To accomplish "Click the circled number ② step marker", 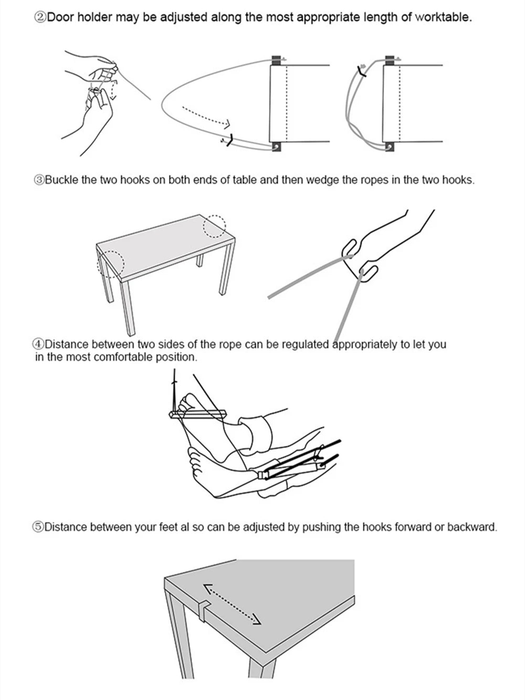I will [40, 17].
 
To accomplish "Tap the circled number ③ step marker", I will [39, 180].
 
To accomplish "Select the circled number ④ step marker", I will [38, 345].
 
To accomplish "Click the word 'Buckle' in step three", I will [61, 180].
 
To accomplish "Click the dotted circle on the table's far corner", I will [214, 226].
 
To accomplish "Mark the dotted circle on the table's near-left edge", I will [111, 263].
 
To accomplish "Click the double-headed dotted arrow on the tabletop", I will [232, 604].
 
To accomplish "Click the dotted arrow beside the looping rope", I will [206, 117].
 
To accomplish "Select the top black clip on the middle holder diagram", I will [276, 60].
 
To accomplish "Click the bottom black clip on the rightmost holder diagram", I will [390, 147].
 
